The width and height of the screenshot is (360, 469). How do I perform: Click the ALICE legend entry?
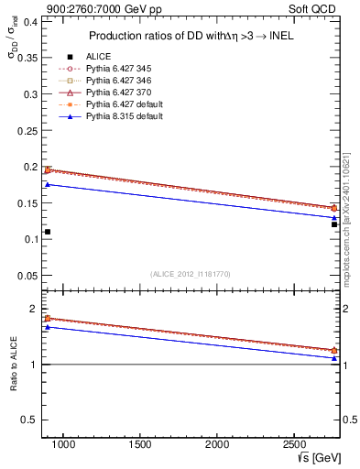tap(98, 57)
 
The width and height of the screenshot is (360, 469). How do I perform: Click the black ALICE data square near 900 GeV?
tap(48, 232)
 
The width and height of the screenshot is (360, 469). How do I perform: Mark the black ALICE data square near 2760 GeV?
tap(334, 224)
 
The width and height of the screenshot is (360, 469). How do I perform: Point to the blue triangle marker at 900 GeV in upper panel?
tap(48, 185)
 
